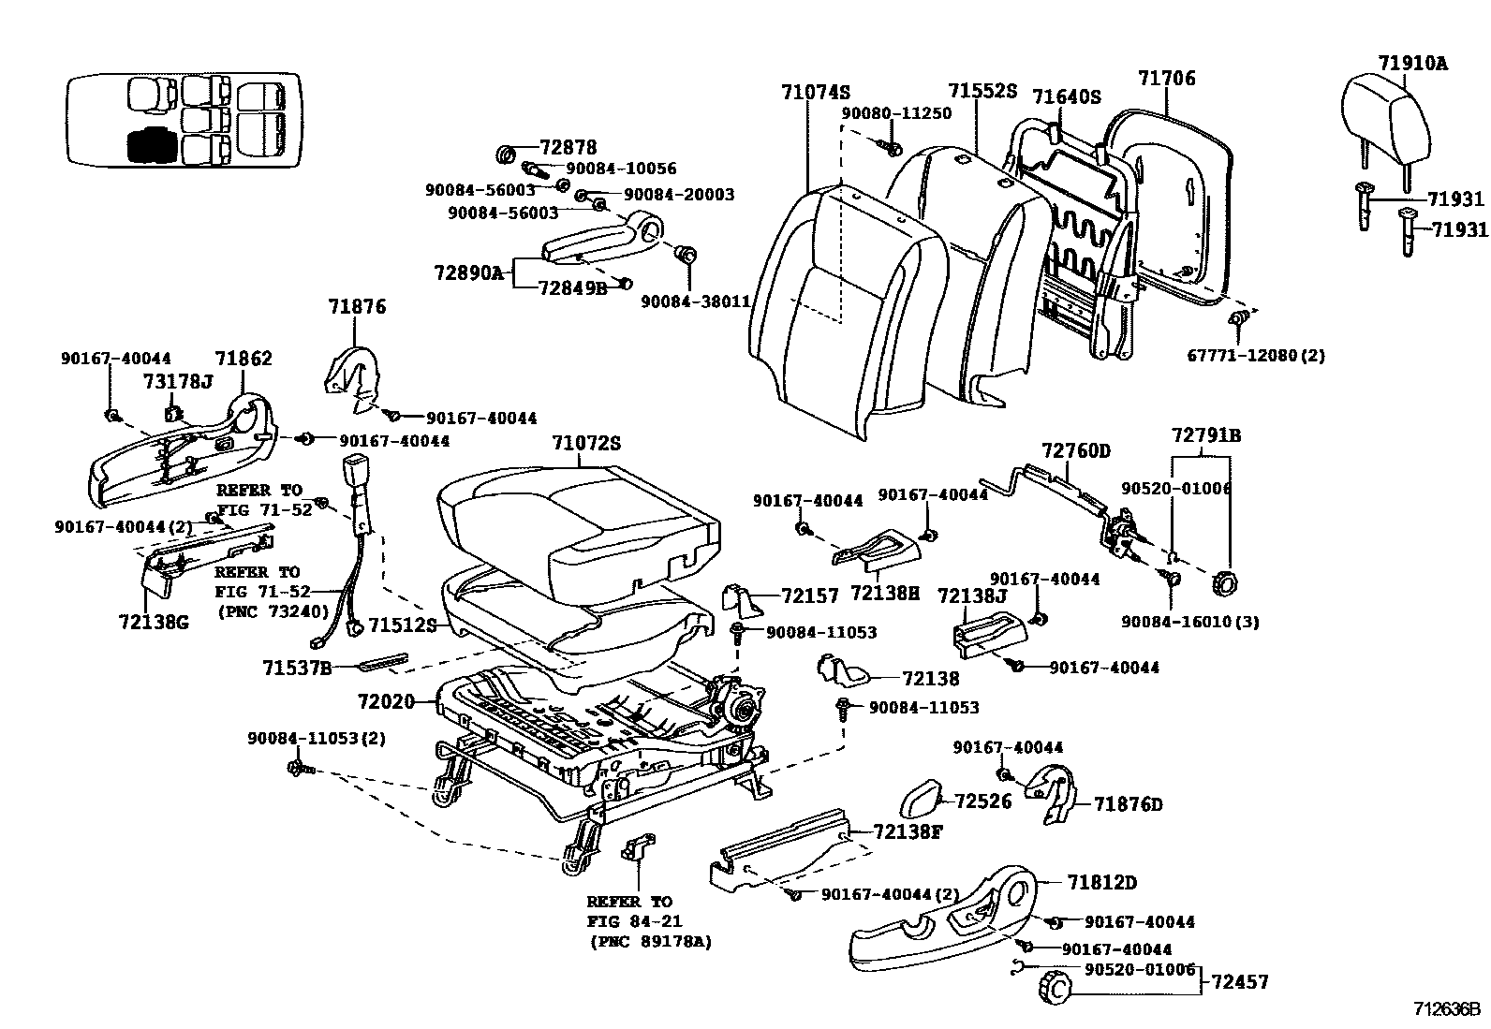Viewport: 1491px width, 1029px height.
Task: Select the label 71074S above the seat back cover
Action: (x=816, y=92)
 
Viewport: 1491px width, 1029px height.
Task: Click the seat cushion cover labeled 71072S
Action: (x=578, y=533)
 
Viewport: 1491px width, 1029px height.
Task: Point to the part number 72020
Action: (x=386, y=701)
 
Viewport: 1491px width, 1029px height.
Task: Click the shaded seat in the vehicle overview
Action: (x=153, y=144)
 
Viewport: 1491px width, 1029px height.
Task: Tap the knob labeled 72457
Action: (x=1054, y=986)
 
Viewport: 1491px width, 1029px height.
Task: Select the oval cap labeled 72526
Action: (x=922, y=799)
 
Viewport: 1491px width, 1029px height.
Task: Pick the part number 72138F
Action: (x=908, y=831)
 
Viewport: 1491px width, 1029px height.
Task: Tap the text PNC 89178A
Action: (x=650, y=942)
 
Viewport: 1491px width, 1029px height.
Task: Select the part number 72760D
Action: (x=1076, y=450)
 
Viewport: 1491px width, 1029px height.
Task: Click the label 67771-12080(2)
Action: (x=1256, y=356)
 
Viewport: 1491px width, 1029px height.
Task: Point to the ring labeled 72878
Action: (x=507, y=155)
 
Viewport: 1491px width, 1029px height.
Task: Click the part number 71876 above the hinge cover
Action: (x=357, y=306)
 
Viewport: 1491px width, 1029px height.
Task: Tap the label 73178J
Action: (x=178, y=381)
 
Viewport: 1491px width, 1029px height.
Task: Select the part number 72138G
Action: (x=154, y=622)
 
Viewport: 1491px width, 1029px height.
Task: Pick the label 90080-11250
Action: (x=896, y=113)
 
